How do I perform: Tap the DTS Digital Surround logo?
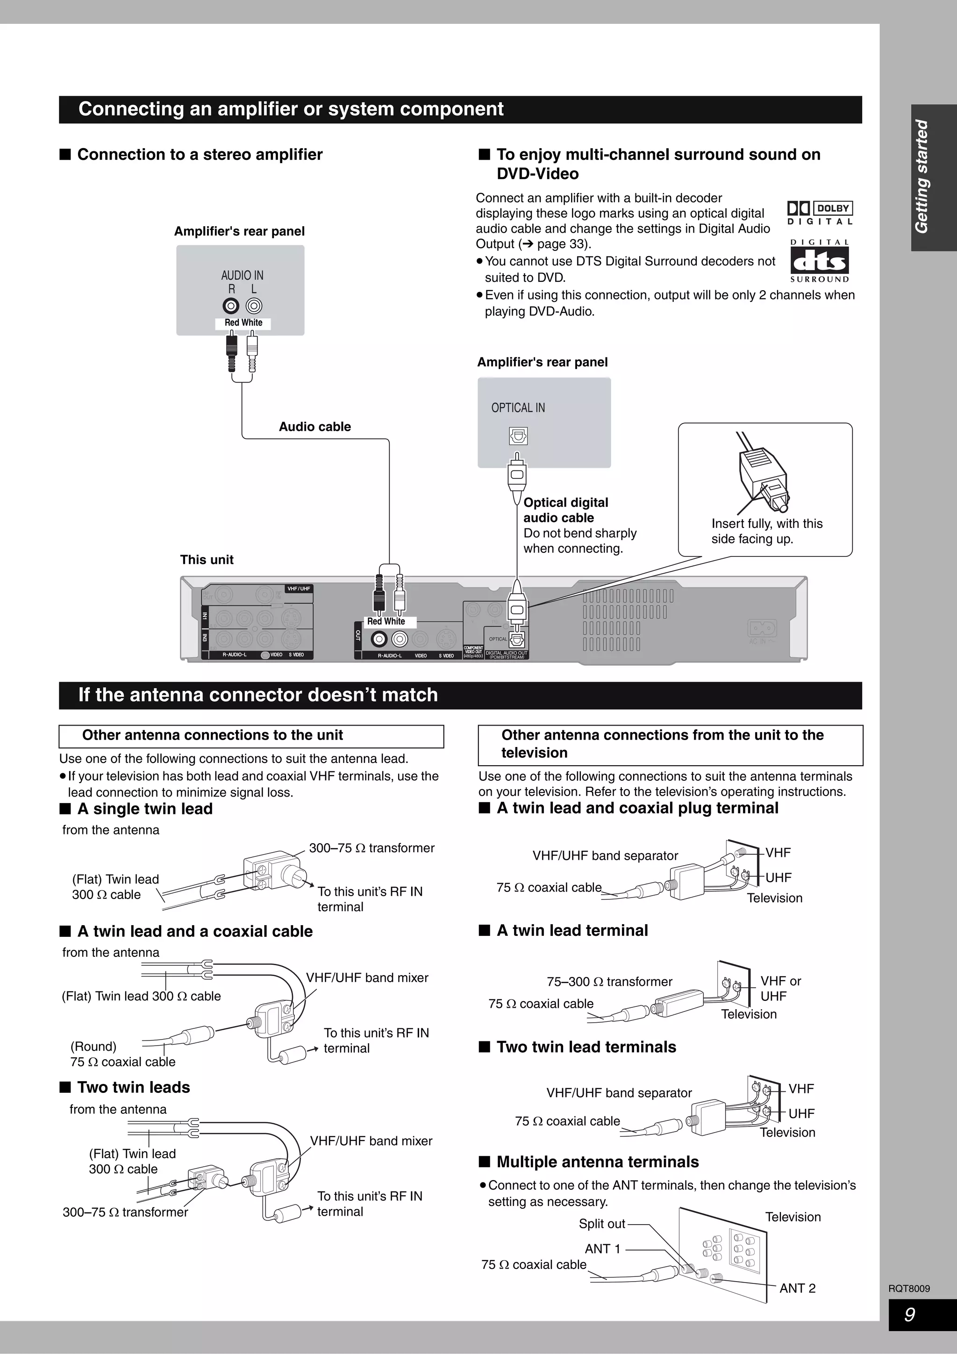820,261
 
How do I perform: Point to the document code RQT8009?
909,1289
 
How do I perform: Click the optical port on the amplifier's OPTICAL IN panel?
518,436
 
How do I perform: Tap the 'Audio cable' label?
315,427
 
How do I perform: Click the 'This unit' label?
207,560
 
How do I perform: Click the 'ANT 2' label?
797,1288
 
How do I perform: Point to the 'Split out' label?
601,1224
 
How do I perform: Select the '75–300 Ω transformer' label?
609,981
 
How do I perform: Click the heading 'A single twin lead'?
144,808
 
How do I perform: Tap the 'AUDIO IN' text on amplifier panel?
242,275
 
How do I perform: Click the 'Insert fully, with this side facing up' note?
766,531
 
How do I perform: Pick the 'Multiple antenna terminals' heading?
597,1162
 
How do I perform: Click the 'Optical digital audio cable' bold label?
565,510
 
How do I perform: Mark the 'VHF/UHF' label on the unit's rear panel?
299,589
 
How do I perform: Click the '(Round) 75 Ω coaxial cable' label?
122,1054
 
